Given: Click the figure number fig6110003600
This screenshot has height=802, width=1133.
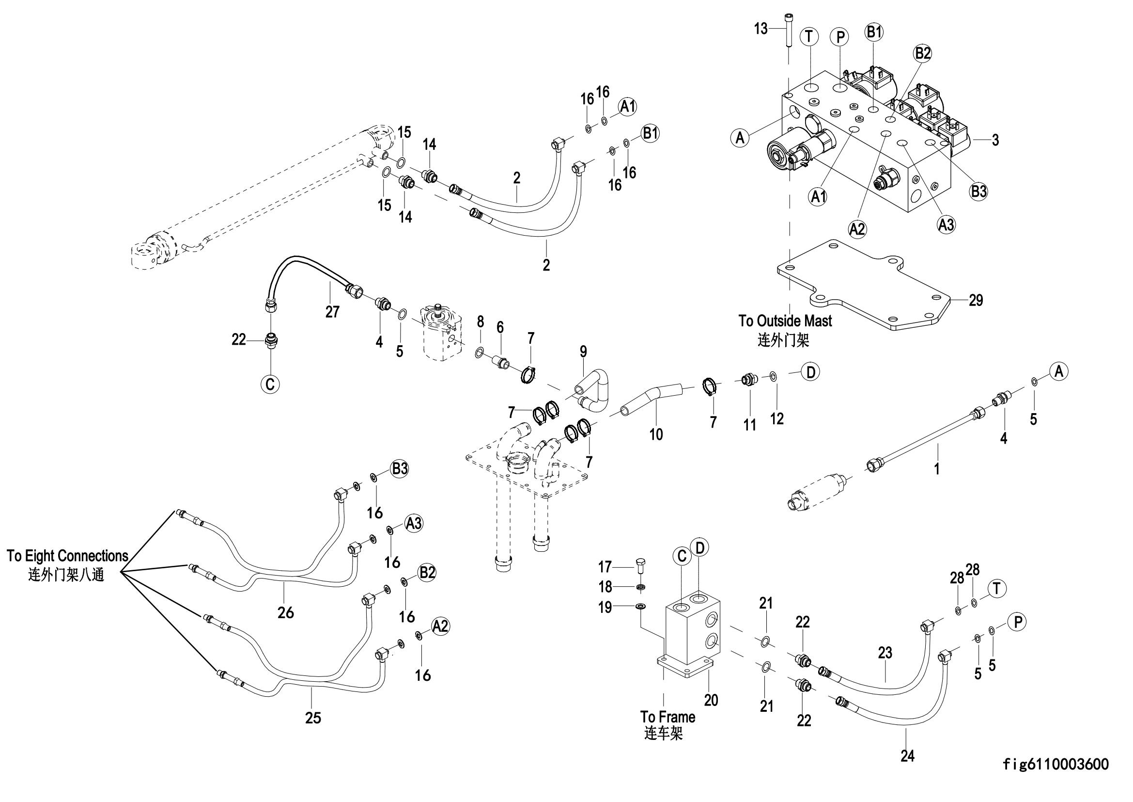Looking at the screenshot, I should pyautogui.click(x=1055, y=765).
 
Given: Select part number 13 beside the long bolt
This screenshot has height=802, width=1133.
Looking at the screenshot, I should pyautogui.click(x=761, y=29).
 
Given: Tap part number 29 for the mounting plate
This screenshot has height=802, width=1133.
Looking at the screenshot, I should pyautogui.click(x=976, y=300).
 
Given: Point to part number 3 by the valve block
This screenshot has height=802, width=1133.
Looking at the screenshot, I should pyautogui.click(x=995, y=140).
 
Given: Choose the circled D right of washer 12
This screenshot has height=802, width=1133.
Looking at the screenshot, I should pyautogui.click(x=811, y=372).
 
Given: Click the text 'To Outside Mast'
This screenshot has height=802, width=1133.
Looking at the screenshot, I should pyautogui.click(x=785, y=321).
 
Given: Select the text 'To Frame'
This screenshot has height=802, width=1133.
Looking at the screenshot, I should pyautogui.click(x=667, y=717).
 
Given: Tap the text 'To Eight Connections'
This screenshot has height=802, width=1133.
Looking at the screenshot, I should pyautogui.click(x=68, y=556).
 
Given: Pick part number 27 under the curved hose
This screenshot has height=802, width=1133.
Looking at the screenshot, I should pyautogui.click(x=332, y=312).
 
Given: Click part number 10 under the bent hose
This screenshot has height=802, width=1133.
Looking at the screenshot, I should pyautogui.click(x=656, y=434).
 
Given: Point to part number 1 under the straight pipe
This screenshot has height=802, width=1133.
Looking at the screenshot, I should pyautogui.click(x=937, y=467).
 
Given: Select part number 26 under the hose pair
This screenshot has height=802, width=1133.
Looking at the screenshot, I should pyautogui.click(x=286, y=612).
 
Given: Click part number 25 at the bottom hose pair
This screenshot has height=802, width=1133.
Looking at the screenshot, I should pyautogui.click(x=313, y=718).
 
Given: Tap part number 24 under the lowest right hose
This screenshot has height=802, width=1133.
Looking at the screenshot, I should pyautogui.click(x=907, y=756).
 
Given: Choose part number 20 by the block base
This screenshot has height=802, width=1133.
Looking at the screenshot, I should pyautogui.click(x=711, y=700).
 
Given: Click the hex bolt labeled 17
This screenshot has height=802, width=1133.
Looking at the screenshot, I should pyautogui.click(x=639, y=565).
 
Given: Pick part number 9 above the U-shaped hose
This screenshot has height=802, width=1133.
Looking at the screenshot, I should pyautogui.click(x=583, y=352).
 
